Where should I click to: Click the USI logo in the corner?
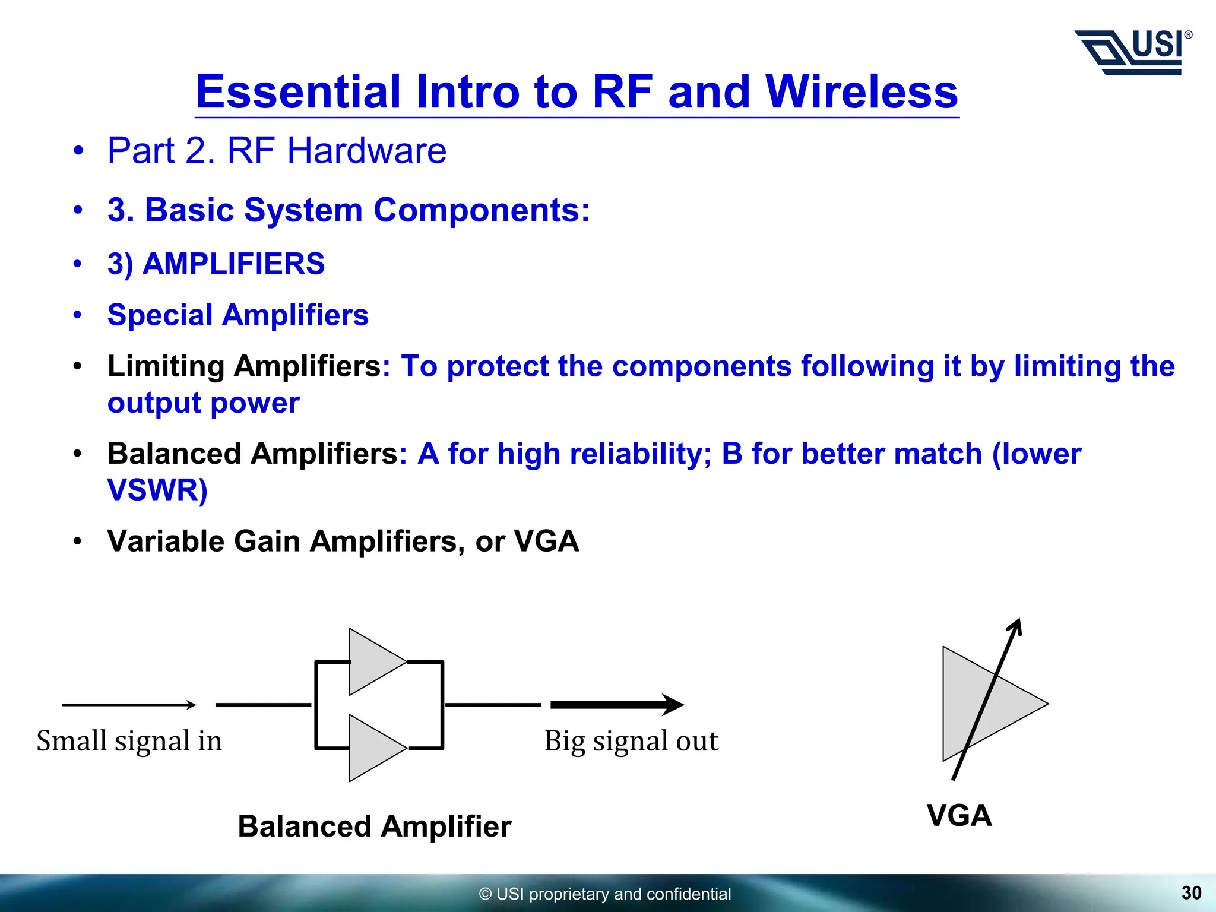(x=1133, y=52)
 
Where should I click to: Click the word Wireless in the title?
(x=862, y=92)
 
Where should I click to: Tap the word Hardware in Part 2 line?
(x=366, y=150)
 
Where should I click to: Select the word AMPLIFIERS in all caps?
(x=234, y=264)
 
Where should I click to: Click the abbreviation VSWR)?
(x=157, y=490)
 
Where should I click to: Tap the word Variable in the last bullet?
(x=166, y=541)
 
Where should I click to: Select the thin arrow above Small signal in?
(x=129, y=705)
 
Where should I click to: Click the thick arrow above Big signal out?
(x=617, y=705)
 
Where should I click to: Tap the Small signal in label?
(x=129, y=741)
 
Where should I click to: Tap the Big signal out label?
(x=631, y=741)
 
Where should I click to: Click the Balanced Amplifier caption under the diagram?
(x=374, y=826)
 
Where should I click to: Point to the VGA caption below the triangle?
(x=959, y=815)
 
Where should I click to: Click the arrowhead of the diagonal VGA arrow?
(x=1016, y=625)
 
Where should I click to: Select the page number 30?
(x=1191, y=892)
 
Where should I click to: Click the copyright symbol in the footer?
(x=485, y=894)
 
